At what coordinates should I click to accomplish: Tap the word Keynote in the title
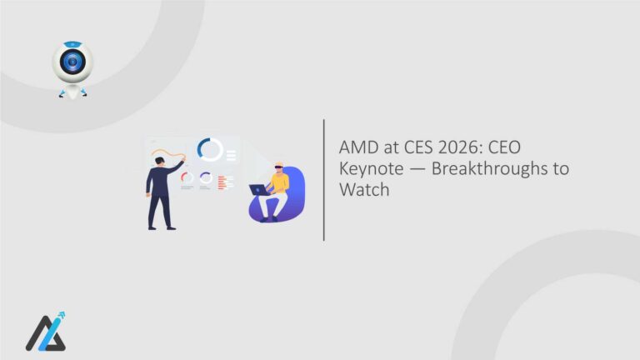click(367, 169)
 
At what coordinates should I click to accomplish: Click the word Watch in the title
click(363, 190)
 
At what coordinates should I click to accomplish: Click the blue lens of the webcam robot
click(72, 63)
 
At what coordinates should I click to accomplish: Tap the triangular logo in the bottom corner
click(43, 334)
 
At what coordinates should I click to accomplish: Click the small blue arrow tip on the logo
click(62, 316)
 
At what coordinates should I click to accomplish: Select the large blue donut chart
click(210, 150)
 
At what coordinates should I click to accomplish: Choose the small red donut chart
click(187, 177)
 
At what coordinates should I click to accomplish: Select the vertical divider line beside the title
click(323, 180)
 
